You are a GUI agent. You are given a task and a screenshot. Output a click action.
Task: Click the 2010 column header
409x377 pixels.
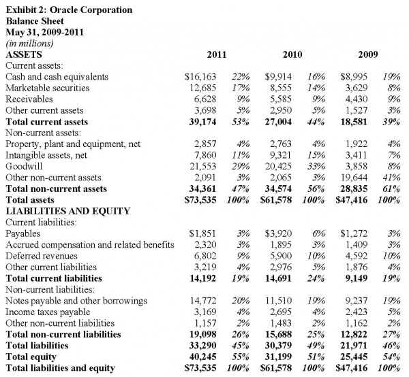click(x=292, y=54)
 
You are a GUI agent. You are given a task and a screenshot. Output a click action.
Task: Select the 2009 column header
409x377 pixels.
click(x=368, y=54)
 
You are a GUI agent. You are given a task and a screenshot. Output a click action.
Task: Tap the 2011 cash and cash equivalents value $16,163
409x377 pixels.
click(x=200, y=77)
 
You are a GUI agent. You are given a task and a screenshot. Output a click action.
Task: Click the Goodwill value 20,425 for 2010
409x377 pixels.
click(x=278, y=166)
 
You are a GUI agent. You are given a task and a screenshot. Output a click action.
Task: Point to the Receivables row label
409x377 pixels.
click(x=29, y=99)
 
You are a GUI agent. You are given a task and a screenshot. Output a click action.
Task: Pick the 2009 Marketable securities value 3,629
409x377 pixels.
click(x=357, y=88)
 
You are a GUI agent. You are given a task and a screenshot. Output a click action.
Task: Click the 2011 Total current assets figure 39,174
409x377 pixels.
click(x=202, y=122)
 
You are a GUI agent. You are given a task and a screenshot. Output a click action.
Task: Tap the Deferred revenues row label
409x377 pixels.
click(x=42, y=256)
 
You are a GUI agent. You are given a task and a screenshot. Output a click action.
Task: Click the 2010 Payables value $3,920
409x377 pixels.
click(x=278, y=233)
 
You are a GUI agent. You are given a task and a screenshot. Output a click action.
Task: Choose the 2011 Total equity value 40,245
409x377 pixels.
click(x=202, y=357)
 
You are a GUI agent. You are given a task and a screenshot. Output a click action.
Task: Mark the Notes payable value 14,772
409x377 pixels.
click(x=203, y=301)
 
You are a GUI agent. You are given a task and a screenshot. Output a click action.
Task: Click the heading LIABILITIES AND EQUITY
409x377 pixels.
click(x=67, y=211)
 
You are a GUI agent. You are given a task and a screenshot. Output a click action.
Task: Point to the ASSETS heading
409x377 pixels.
click(x=24, y=54)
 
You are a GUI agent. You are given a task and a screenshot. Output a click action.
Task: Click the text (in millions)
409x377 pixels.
click(x=29, y=44)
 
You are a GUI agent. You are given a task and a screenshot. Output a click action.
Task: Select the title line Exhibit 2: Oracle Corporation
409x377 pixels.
click(x=69, y=10)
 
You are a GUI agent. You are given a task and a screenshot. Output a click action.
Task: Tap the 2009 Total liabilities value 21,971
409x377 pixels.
click(x=354, y=346)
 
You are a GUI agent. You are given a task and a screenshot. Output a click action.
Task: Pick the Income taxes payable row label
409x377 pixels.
click(x=48, y=312)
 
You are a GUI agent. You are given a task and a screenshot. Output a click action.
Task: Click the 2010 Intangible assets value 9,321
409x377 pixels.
click(x=281, y=155)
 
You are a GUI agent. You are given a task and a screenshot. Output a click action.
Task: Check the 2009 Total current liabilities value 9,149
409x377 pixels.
click(x=357, y=278)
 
